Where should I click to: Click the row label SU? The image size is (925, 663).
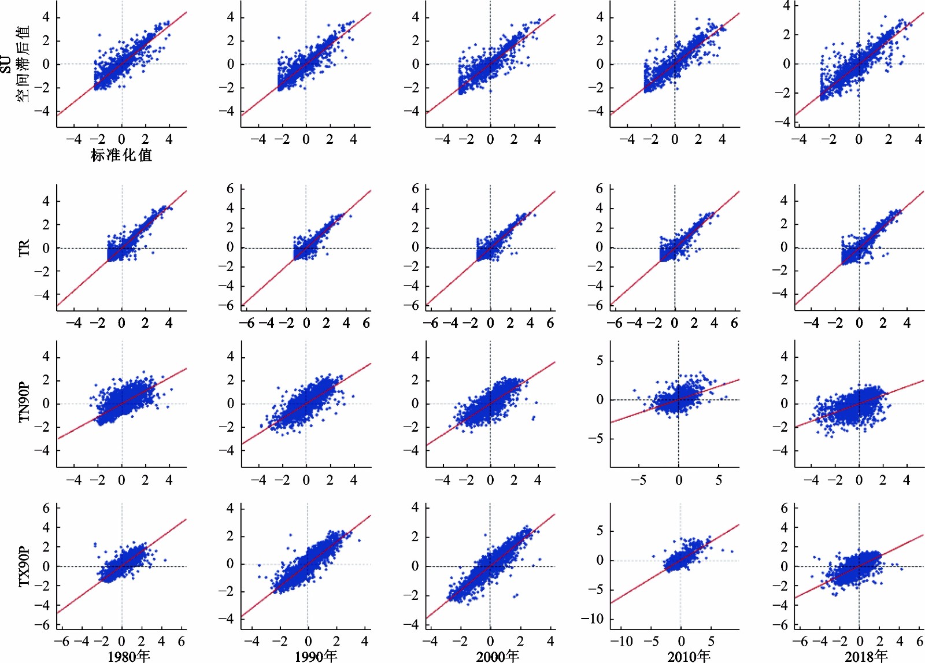[x=6, y=64]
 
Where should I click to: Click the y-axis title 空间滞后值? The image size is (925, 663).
[x=23, y=64]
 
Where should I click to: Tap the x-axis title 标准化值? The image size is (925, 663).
[x=121, y=155]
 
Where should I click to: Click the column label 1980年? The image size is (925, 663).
[x=128, y=655]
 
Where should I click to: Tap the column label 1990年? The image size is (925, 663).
[x=316, y=655]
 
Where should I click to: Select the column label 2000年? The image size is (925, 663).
[x=497, y=655]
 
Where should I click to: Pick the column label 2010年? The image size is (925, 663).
[x=689, y=655]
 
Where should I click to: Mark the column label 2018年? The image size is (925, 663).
[x=866, y=655]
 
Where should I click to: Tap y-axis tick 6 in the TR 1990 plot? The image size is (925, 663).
[x=230, y=189]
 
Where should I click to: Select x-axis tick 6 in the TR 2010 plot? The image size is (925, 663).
[x=734, y=323]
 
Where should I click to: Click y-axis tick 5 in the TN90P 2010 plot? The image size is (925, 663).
[x=600, y=361]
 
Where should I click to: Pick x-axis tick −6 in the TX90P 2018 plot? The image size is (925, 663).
[x=801, y=642]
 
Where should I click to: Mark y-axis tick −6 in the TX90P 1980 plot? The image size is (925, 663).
[x=42, y=625]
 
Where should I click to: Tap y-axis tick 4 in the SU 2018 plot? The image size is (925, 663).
[x=786, y=6]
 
